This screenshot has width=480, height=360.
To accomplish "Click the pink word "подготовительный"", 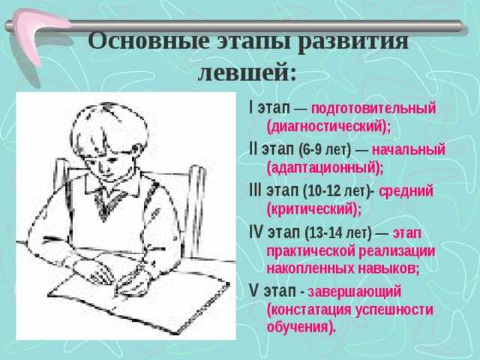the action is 373,109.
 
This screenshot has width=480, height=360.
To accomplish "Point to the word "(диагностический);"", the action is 328,127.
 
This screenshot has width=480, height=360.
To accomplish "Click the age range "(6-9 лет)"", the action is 325,150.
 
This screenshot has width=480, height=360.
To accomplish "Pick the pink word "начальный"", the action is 408,150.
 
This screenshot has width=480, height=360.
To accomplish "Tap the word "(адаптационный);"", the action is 325,168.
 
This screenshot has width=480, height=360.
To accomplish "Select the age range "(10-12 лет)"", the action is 337,191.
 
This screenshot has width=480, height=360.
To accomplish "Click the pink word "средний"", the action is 406,191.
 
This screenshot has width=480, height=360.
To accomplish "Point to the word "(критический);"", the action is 314,209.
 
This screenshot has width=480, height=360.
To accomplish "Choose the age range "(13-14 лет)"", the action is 338,233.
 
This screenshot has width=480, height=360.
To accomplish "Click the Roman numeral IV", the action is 256,232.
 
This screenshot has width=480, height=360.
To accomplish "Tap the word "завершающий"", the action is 355,292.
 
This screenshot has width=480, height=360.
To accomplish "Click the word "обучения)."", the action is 301,327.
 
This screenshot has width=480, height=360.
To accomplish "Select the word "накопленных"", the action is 310,268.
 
